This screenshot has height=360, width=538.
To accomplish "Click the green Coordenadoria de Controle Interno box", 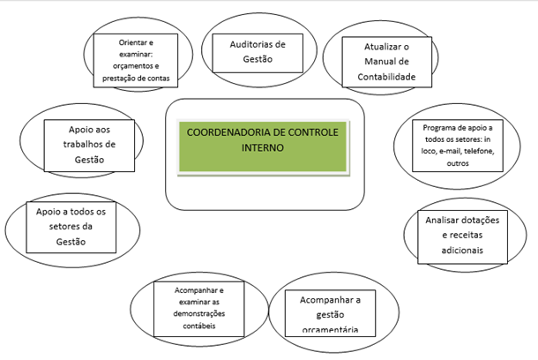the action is coord(263,147).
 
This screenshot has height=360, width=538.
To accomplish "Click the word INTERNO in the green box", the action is coord(263,148).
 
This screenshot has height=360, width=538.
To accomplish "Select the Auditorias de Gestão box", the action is coord(258,53).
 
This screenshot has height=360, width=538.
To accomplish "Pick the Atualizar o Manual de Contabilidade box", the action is coord(386,62).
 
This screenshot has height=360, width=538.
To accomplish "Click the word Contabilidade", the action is coord(386,77).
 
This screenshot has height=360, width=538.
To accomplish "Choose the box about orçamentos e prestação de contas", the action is coord(136,60).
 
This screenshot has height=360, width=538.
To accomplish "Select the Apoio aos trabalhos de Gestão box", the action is coord(89,146).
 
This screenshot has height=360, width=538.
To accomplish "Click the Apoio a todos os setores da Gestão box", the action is coord(71,227).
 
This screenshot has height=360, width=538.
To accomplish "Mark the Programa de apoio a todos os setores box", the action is coord(458,146).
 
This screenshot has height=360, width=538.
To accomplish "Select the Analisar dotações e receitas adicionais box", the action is coord(462,236).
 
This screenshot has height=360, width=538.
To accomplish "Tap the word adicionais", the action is coord(462,251).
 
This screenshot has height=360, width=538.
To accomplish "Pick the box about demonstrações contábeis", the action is coord(199,309).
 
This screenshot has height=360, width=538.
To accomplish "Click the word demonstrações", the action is coord(199,313).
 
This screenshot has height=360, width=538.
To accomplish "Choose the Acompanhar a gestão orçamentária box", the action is coord(330,313).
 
